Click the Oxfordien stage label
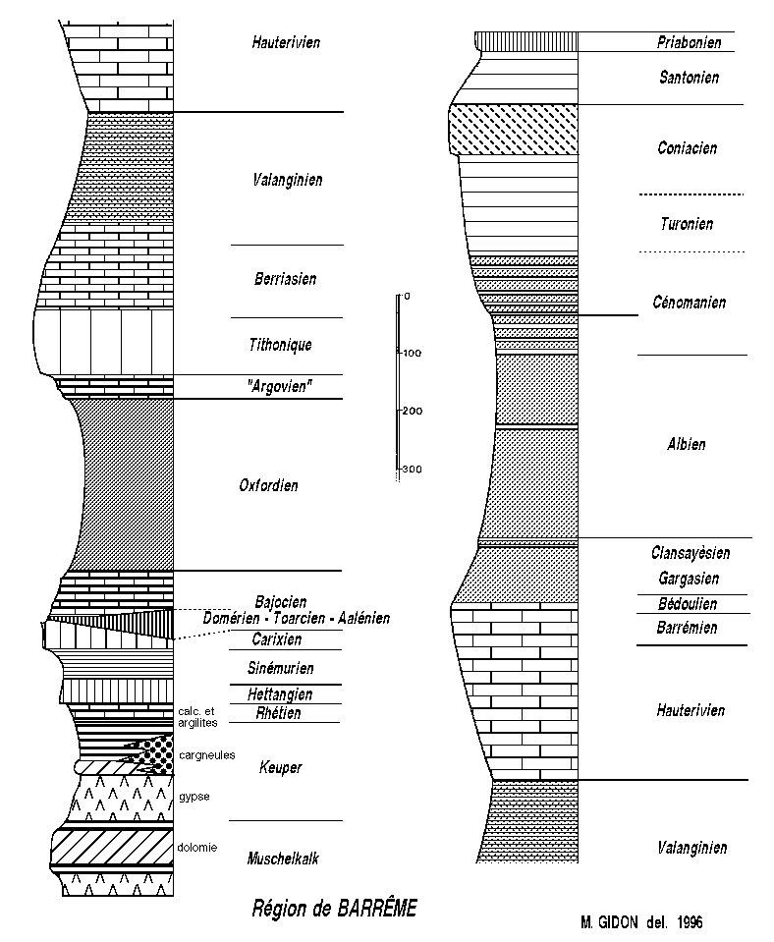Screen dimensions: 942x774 268,485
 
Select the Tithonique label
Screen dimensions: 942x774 282,345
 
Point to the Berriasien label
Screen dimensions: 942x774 285,279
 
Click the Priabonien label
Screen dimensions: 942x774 689,42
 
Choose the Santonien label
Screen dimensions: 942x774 689,77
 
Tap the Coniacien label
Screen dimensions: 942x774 688,148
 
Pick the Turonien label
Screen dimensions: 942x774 688,224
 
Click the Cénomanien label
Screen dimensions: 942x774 689,303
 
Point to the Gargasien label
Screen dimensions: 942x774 689,579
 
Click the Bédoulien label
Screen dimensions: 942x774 689,604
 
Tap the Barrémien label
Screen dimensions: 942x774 689,628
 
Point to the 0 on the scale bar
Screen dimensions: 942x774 407,296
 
